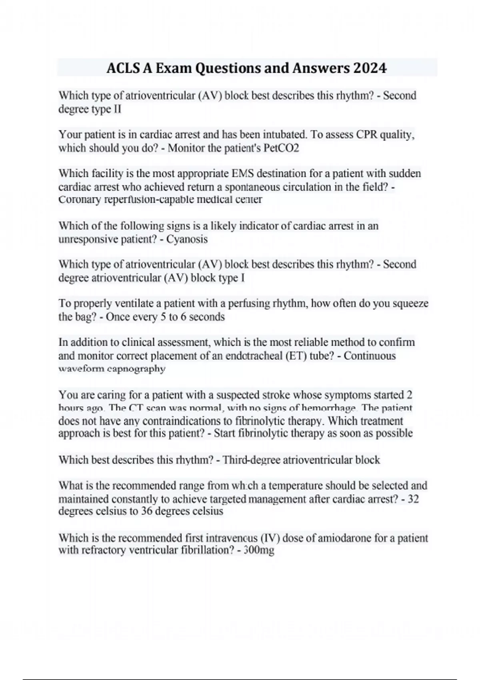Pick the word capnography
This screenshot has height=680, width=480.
[x=136, y=369]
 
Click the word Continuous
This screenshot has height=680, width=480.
[x=370, y=356]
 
